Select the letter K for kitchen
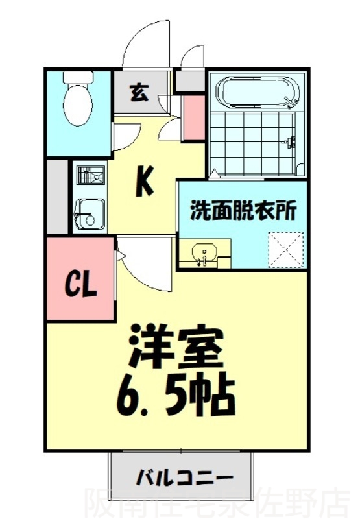pos(144,181)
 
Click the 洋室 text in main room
pos(176,350)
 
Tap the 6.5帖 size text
pos(176,396)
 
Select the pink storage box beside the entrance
pos(193,117)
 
